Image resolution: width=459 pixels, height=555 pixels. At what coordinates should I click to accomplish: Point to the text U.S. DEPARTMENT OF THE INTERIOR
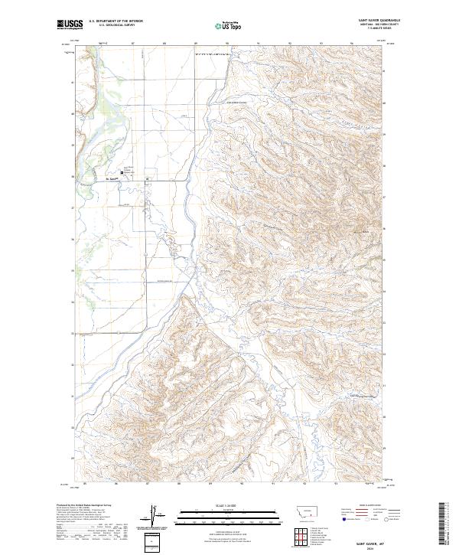point(116,21)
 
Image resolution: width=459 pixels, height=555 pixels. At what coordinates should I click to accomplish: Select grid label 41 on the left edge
point(73,82)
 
